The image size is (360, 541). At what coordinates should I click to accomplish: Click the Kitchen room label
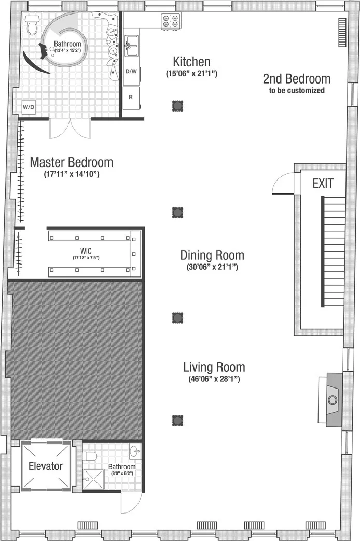tap(191, 62)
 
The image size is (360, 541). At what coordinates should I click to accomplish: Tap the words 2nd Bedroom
tap(296, 79)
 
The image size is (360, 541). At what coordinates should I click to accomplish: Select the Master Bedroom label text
tap(71, 162)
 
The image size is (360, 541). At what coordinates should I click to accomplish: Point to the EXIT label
tap(322, 183)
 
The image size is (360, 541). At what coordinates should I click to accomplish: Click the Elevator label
tap(45, 466)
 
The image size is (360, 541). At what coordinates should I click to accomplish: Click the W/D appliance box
tap(28, 107)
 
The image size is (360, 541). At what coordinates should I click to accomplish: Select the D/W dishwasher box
tap(131, 72)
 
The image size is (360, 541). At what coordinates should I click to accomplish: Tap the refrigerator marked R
tap(131, 96)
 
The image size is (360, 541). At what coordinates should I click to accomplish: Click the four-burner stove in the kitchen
tap(171, 21)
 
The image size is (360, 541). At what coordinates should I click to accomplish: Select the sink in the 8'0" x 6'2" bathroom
tap(135, 451)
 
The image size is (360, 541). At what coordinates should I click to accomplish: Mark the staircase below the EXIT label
tap(334, 252)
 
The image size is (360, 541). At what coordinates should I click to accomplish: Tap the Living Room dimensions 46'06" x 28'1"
tap(214, 379)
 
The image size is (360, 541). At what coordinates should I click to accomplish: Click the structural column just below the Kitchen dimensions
tap(177, 106)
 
